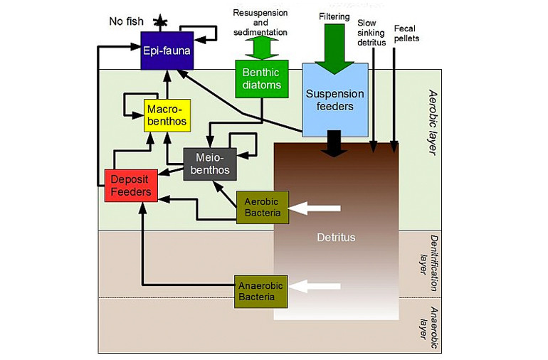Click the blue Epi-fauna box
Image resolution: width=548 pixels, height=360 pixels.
[x=167, y=51]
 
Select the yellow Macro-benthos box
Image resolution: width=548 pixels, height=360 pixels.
[x=167, y=115]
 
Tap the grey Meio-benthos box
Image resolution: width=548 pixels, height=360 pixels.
[x=204, y=163]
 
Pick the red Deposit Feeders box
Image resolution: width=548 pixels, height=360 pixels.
[x=130, y=185]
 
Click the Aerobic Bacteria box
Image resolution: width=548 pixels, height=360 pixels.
[x=262, y=207]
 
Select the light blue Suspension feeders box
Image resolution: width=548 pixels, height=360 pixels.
[x=334, y=100]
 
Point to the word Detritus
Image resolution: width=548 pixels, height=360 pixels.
[x=335, y=236]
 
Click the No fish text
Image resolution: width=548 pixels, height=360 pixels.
[x=125, y=21]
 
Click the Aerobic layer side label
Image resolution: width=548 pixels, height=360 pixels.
[x=434, y=117]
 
